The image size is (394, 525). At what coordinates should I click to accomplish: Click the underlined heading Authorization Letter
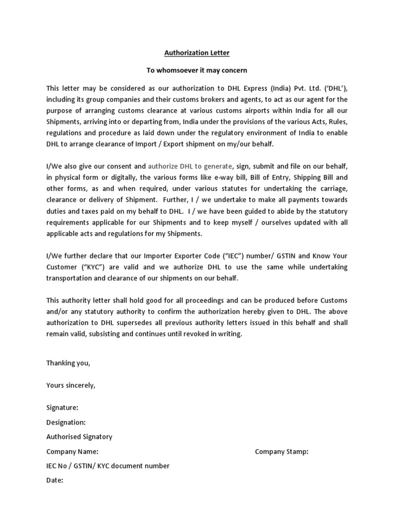[x=197, y=52]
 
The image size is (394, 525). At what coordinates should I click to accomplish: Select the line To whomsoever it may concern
[x=197, y=70]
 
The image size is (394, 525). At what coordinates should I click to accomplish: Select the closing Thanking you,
[x=68, y=363]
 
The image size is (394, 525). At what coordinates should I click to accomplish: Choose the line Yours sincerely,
[x=71, y=385]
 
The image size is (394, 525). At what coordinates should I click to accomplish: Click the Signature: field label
[x=63, y=408]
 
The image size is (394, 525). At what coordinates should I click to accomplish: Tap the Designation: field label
[x=66, y=422]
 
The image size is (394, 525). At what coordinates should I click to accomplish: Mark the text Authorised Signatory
[x=79, y=437]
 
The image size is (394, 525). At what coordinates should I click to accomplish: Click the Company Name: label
[x=72, y=452]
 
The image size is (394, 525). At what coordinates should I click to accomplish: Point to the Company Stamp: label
[x=282, y=452]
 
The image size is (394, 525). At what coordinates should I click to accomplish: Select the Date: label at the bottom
[x=55, y=480]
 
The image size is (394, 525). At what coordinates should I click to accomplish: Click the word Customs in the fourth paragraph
[x=335, y=300]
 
